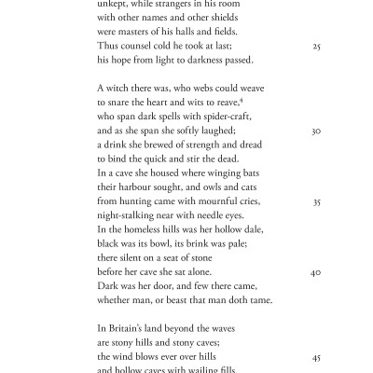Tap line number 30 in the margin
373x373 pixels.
coord(316,131)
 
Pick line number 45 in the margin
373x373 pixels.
coord(316,357)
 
